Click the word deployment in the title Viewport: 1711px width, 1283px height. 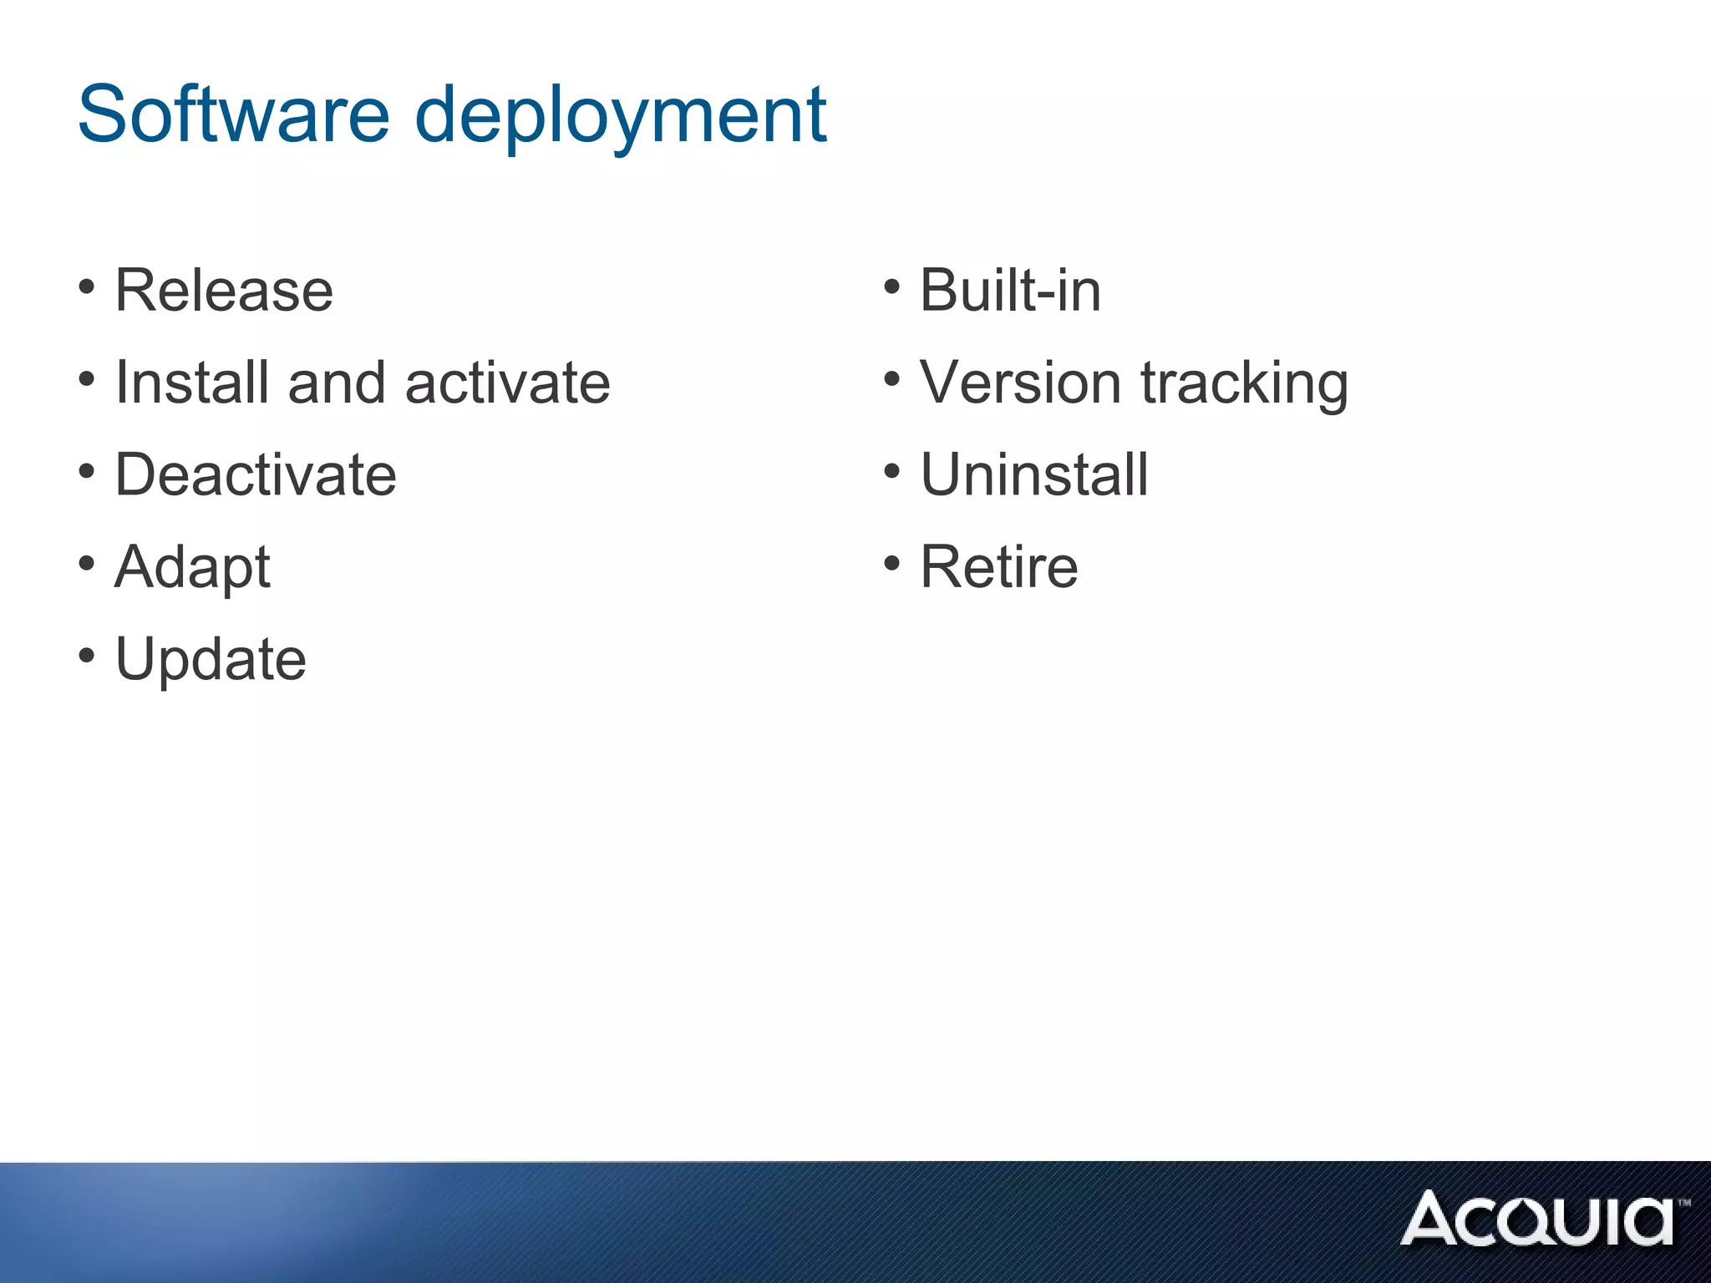pyautogui.click(x=621, y=117)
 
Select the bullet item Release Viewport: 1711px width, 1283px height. pyautogui.click(x=224, y=291)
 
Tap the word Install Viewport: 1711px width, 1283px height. pyautogui.click(x=192, y=383)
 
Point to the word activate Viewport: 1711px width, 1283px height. pyautogui.click(x=507, y=383)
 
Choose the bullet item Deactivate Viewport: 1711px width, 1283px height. pyautogui.click(x=256, y=474)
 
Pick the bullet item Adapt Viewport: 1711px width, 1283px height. pyautogui.click(x=193, y=568)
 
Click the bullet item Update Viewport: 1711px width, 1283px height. pyautogui.click(x=211, y=660)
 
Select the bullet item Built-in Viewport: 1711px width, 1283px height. pyautogui.click(x=1010, y=291)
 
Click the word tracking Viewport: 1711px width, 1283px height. pyautogui.click(x=1244, y=384)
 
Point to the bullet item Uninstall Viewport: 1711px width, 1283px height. pyautogui.click(x=1034, y=474)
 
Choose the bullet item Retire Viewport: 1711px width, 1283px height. pyautogui.click(x=999, y=566)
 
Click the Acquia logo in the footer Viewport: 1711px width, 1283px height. pyautogui.click(x=1541, y=1219)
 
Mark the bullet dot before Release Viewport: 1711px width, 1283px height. pyautogui.click(x=87, y=287)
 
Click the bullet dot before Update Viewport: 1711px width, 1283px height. pyautogui.click(x=87, y=656)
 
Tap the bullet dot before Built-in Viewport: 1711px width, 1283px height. pyautogui.click(x=892, y=287)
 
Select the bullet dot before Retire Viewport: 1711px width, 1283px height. pyautogui.click(x=892, y=564)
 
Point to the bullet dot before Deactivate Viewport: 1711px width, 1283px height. pyautogui.click(x=87, y=472)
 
